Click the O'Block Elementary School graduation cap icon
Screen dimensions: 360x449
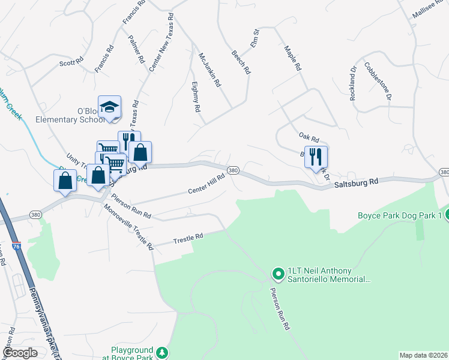[x=109, y=107]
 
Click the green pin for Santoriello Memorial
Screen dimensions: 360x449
[x=278, y=274]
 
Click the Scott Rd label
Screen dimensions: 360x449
[x=70, y=62]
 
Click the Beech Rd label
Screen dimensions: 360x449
[x=241, y=62]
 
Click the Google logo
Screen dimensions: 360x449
[x=19, y=353]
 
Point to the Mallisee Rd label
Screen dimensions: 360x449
[x=427, y=8]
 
